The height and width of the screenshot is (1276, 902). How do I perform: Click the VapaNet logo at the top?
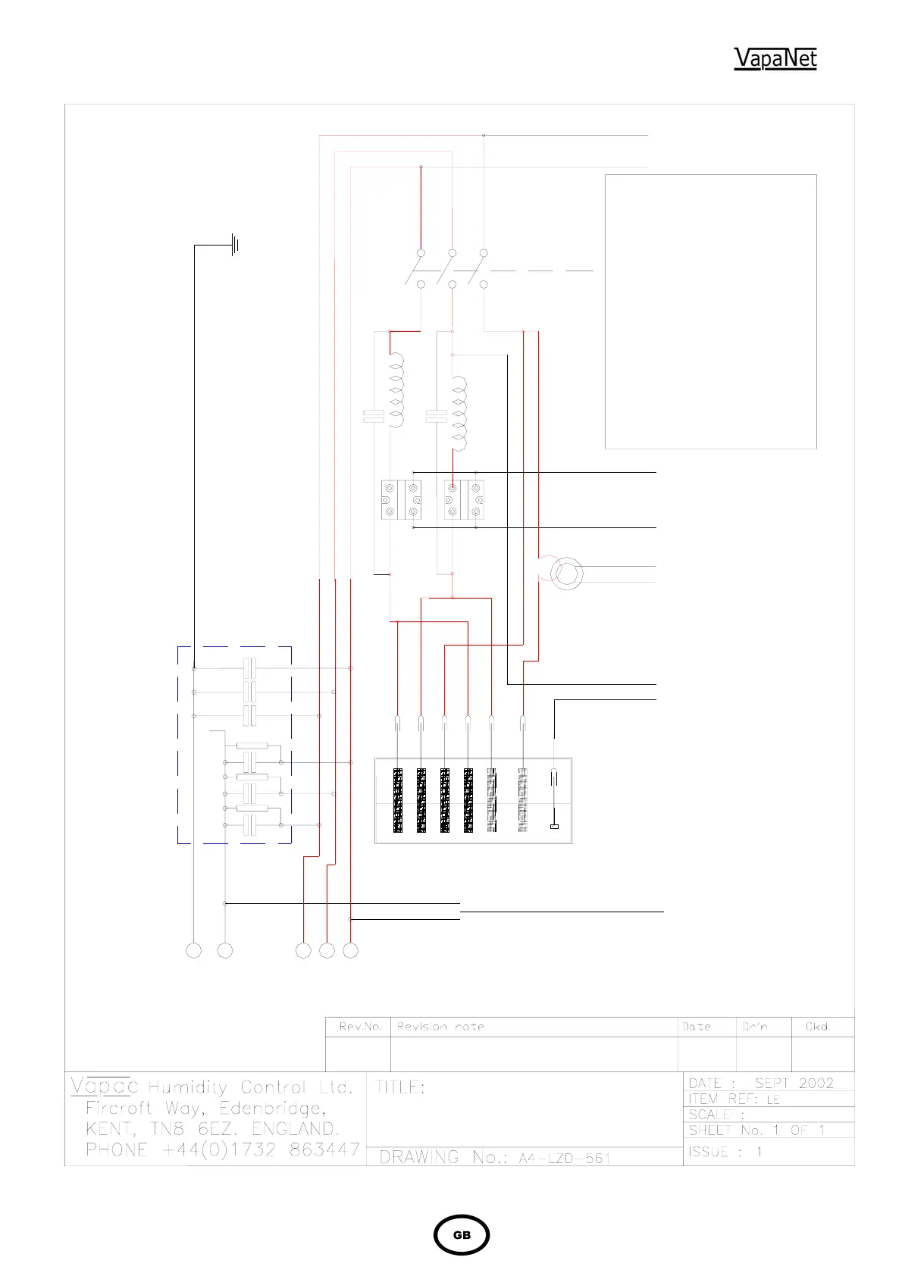tap(775, 58)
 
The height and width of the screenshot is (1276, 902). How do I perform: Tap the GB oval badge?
tap(462, 1234)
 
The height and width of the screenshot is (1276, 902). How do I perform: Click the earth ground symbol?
tap(236, 245)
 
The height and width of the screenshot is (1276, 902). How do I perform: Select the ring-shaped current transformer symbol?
tap(566, 574)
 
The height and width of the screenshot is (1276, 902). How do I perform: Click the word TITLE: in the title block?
tap(400, 1087)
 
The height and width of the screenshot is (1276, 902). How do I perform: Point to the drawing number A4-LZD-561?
tap(565, 1158)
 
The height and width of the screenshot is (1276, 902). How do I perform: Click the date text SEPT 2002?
tap(794, 1083)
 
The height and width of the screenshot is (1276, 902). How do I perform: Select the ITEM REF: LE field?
tap(734, 1099)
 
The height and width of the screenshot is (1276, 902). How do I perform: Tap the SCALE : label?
tap(716, 1115)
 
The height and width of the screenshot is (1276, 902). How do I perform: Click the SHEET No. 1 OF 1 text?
tap(756, 1130)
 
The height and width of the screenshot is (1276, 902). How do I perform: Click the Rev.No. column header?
tap(360, 1027)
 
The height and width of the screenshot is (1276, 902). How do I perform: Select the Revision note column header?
tap(440, 1027)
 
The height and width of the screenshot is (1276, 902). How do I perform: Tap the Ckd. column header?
tap(817, 1027)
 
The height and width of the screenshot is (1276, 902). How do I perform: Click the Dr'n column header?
tap(755, 1027)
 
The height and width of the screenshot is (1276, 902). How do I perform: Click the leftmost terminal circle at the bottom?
tap(194, 950)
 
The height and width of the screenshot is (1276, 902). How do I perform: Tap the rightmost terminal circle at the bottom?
tap(350, 950)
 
